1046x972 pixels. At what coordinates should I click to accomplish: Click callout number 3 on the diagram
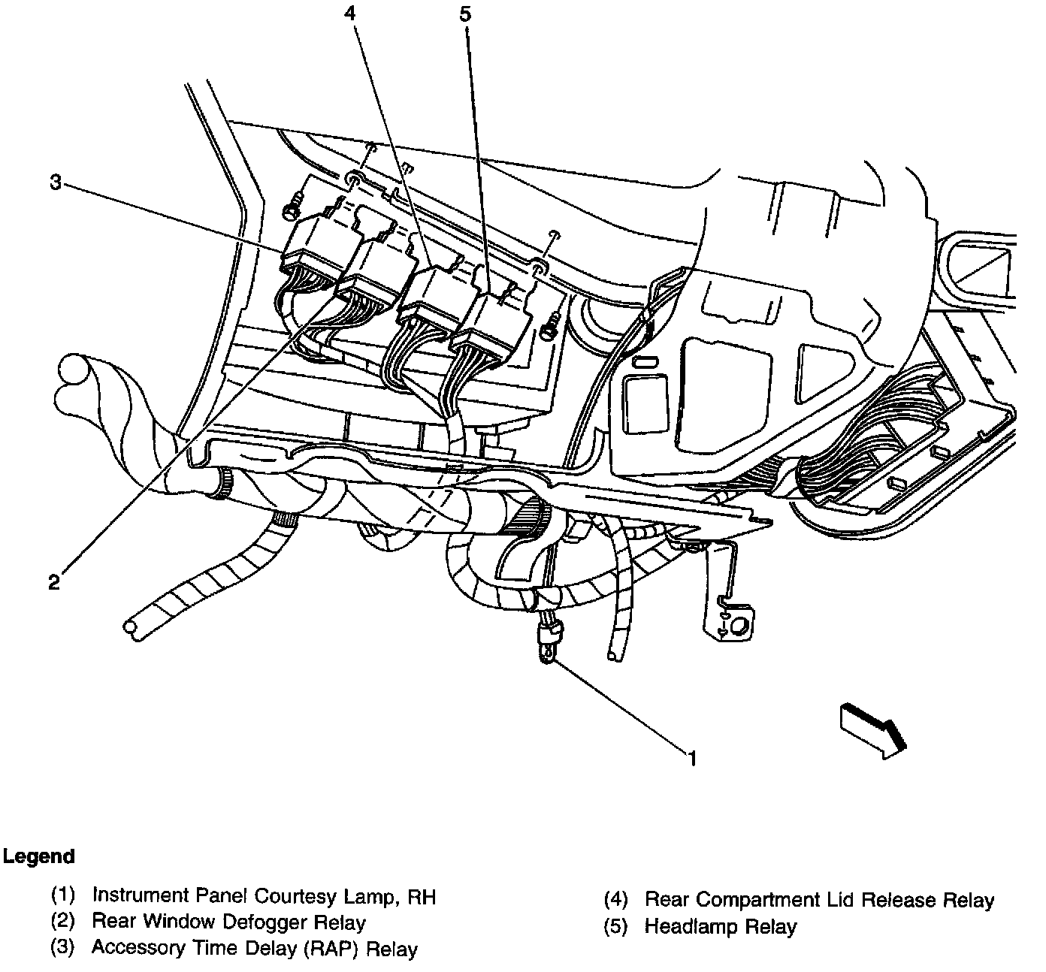point(55,183)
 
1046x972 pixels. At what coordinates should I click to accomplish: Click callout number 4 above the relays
point(351,13)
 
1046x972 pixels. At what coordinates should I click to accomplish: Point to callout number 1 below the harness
point(693,759)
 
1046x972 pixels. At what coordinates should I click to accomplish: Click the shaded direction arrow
point(872,727)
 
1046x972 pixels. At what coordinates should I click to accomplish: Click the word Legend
point(39,856)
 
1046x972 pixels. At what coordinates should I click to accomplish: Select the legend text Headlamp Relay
point(720,926)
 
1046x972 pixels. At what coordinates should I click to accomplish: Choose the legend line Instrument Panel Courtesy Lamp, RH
point(263,895)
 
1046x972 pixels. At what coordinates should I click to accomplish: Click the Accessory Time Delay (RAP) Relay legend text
point(254,948)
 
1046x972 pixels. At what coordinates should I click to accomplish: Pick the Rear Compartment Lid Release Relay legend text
point(819,900)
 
